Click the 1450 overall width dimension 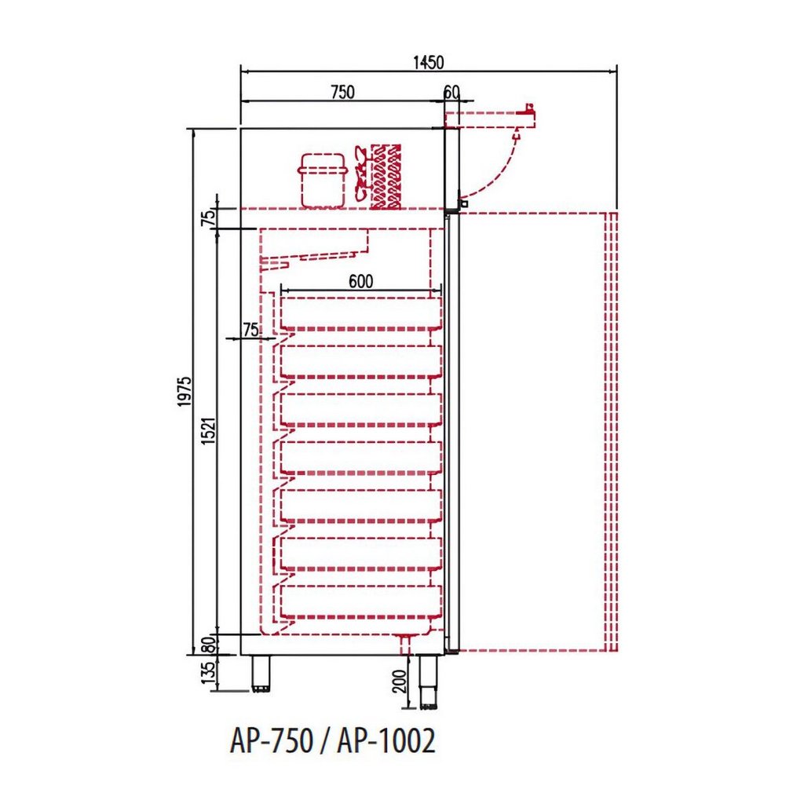428,62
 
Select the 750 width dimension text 342,93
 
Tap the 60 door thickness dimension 451,93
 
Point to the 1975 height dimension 185,391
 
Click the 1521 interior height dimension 209,431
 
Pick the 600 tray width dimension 361,281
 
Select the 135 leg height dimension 208,672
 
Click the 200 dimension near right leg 400,681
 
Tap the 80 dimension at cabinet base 208,645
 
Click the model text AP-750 272,741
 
